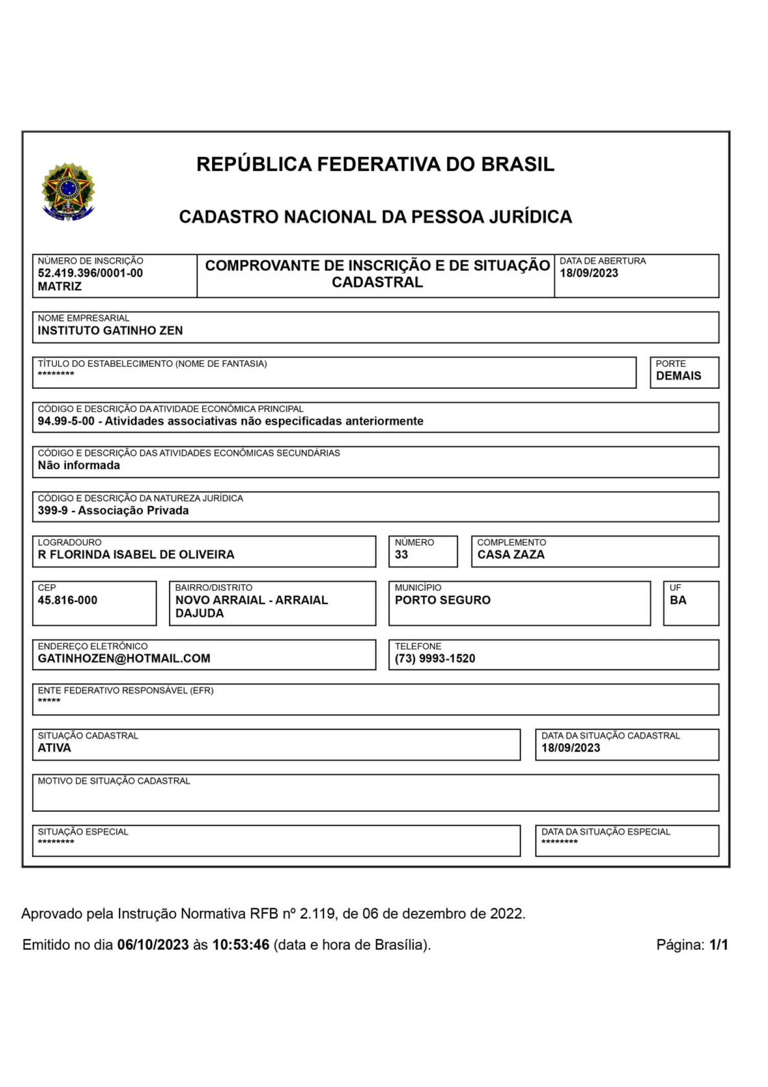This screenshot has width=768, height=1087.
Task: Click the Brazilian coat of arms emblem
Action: [x=68, y=192]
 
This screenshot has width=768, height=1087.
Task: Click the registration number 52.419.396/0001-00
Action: [x=90, y=273]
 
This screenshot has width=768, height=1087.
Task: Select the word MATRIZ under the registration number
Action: [x=59, y=286]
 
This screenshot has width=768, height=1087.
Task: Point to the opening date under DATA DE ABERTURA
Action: [x=589, y=273]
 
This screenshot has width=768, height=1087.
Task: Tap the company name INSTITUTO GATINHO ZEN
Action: [x=110, y=330]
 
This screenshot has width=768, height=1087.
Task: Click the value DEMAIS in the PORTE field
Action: [x=678, y=375]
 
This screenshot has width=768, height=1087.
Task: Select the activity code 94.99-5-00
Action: [x=66, y=421]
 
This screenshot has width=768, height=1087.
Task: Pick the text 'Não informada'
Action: [x=79, y=465]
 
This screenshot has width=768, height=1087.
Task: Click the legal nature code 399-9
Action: [x=53, y=510]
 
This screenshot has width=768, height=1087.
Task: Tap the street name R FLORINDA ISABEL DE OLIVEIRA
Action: [x=136, y=554]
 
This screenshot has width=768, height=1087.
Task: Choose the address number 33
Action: [x=401, y=554]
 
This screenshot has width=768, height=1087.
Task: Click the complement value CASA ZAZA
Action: [x=511, y=554]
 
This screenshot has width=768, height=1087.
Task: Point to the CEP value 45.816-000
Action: [x=68, y=600]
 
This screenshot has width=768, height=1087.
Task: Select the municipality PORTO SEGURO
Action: [x=442, y=600]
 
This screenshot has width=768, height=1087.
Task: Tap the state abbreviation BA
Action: [x=678, y=600]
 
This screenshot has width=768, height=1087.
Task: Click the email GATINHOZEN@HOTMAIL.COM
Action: [x=124, y=658]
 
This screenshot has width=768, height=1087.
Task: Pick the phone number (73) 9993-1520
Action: [x=435, y=658]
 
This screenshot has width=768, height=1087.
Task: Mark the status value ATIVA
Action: [x=54, y=748]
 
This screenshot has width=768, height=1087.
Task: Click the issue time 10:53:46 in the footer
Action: [x=241, y=945]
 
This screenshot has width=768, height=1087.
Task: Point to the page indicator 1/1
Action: [x=718, y=945]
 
